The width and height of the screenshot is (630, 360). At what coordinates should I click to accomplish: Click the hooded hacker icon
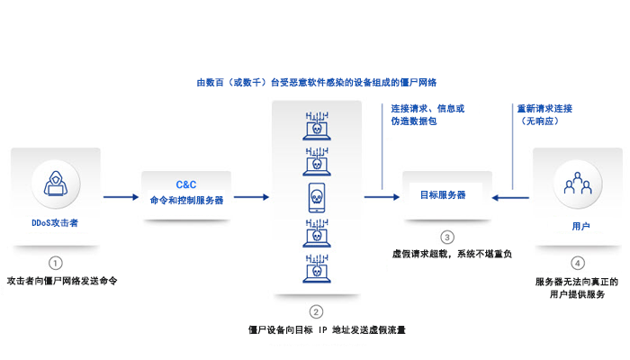point(55,184)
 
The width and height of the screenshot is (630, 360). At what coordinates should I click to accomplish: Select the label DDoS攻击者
point(55,220)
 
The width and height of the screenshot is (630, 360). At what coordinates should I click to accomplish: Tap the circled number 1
point(56,263)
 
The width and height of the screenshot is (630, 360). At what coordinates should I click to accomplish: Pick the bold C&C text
point(186,183)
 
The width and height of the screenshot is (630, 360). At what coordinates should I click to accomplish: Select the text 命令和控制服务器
point(186,200)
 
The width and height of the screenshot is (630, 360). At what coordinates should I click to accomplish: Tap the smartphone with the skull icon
point(315,196)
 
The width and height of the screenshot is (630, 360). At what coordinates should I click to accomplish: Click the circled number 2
point(315,311)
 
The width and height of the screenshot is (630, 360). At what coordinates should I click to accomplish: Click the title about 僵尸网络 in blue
point(316,83)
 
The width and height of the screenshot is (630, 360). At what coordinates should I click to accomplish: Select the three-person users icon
point(576,184)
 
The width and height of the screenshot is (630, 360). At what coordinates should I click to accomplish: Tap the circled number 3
point(447,237)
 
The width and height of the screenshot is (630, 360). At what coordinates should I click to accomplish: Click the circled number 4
point(577,263)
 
